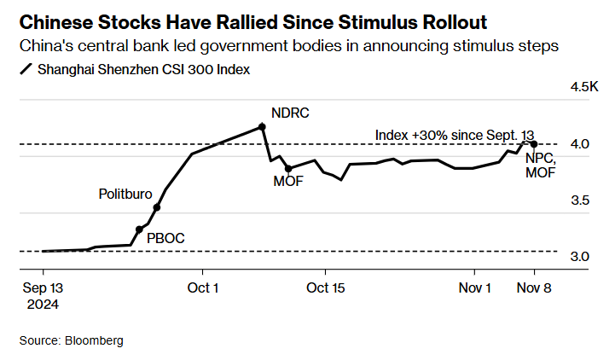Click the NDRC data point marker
tap(262, 126)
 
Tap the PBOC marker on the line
tap(139, 229)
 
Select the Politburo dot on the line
tap(156, 206)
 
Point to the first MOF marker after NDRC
tap(288, 168)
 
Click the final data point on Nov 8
tap(534, 143)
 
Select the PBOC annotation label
tap(165, 239)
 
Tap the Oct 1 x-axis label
tap(202, 288)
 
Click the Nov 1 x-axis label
tap(474, 288)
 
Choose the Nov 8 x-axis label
tap(534, 288)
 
